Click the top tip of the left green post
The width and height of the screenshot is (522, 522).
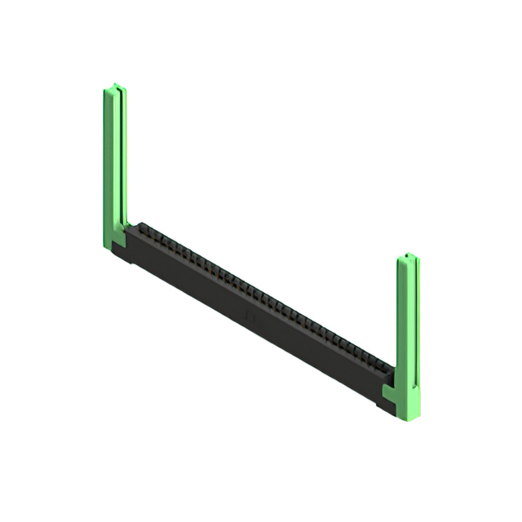(x=116, y=85)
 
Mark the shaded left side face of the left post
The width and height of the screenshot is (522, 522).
(x=107, y=163)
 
